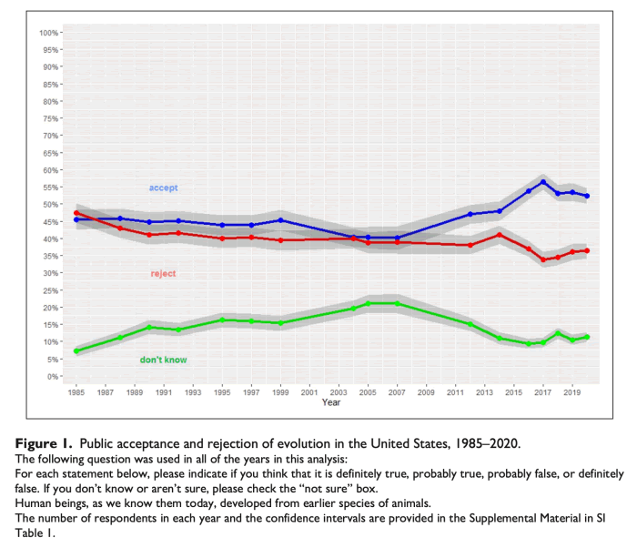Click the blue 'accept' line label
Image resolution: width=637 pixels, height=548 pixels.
164,188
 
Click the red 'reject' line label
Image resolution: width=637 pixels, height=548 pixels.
164,273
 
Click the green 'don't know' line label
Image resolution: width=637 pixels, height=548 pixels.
164,360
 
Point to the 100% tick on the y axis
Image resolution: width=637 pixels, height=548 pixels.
49,33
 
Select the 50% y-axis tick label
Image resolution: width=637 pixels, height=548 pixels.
51,204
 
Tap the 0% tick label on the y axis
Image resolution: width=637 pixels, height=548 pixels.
54,375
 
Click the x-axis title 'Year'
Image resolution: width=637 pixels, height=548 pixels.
331,401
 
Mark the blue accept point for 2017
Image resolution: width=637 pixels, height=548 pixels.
543,182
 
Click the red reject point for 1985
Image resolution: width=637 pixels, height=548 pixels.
76,213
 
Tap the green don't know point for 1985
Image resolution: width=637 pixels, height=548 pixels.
76,350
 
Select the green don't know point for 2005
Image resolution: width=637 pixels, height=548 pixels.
368,303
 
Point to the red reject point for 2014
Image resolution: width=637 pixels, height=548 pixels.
500,235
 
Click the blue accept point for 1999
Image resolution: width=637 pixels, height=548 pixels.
280,220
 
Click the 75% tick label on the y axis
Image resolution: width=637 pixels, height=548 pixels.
51,118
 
